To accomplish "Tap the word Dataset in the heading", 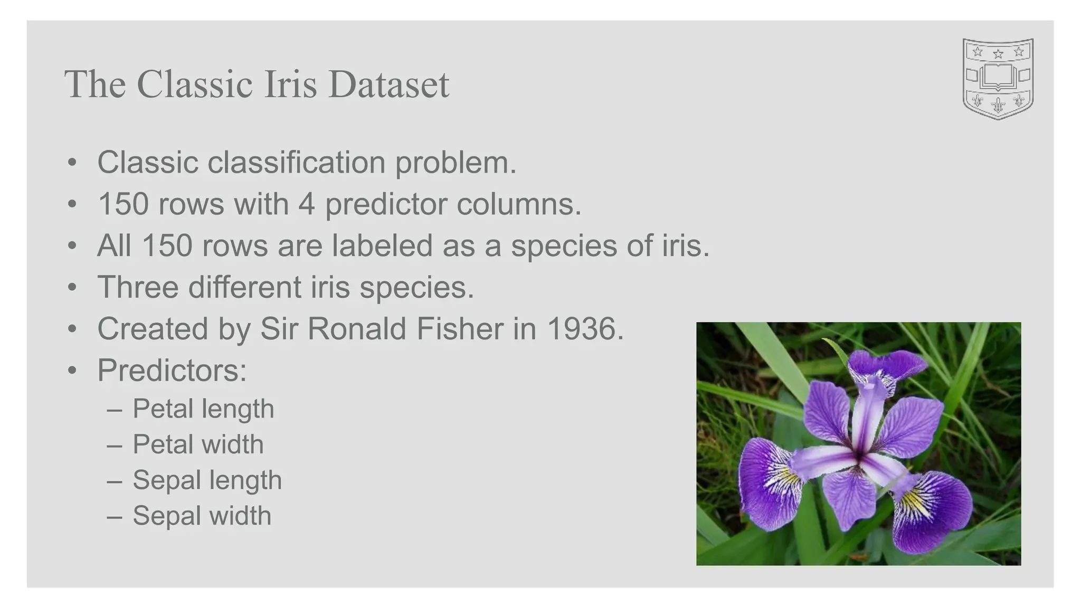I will pos(388,84).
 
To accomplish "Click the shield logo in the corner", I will pos(998,79).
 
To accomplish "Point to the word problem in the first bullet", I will pos(456,163).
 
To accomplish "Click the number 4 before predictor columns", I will pos(307,204).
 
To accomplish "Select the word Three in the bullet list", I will pos(138,287).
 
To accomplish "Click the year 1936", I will pos(585,329).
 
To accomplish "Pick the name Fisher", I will pos(460,329).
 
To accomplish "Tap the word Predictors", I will pos(172,370).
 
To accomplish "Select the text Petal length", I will pos(203,409).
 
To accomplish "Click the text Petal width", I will pos(198,444).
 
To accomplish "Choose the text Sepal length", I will pos(207,480).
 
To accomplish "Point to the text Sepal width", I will pos(202,516).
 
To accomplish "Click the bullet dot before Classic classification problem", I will pos(72,162).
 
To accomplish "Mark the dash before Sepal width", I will pos(115,516).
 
